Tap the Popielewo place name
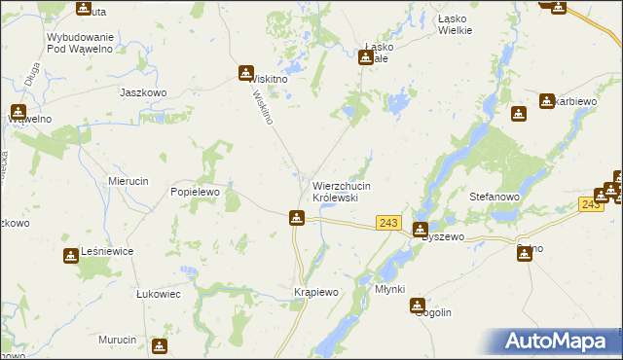(198, 193)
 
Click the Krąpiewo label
(315, 292)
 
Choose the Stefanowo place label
(496, 196)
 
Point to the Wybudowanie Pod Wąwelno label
(81, 43)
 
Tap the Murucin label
(118, 340)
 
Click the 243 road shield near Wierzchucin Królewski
(388, 223)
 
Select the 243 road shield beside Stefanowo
(590, 203)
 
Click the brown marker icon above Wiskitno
(247, 71)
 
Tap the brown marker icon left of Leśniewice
(71, 256)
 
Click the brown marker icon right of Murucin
(160, 345)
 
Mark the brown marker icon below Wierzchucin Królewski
(297, 218)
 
